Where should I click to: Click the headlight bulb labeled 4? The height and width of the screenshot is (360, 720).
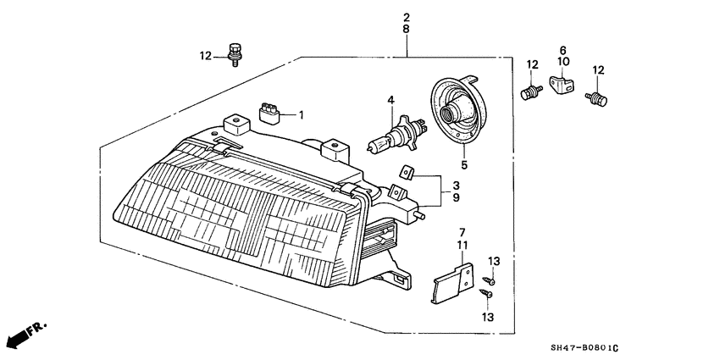397,133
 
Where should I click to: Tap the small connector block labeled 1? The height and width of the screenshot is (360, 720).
269,113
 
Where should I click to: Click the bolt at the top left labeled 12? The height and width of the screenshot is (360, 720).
234,55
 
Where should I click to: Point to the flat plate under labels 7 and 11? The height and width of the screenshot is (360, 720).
452,283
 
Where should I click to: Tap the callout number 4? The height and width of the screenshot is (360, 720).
390,99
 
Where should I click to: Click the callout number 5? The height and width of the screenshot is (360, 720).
464,165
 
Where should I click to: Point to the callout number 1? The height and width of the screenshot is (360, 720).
302,115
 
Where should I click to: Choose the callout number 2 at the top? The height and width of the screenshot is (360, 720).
407,18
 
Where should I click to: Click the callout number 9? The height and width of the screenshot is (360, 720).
456,198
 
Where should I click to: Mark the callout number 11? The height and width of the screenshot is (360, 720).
462,244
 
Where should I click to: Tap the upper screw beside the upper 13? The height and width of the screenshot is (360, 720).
489,280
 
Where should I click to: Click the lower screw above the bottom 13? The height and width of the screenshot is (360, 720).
486,293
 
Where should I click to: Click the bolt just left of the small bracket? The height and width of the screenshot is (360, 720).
531,91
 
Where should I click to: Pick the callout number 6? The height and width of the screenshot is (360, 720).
563,50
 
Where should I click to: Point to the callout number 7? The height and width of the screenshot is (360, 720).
462,232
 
